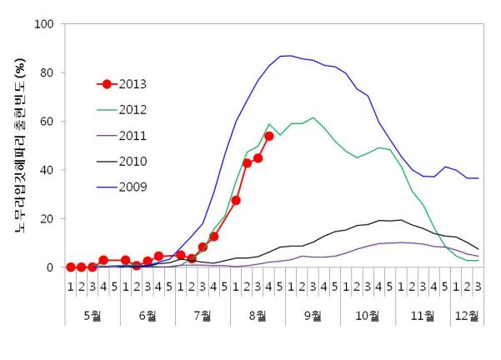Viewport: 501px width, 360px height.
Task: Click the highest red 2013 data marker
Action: pos(269,136)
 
